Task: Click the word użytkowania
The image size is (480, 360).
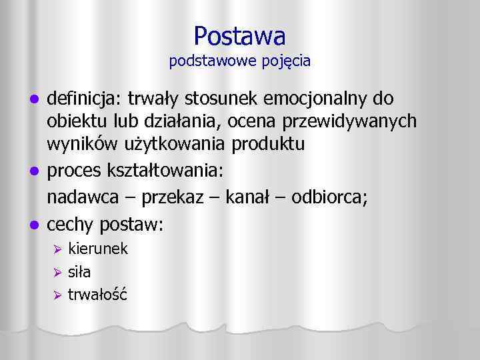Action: coord(215,143)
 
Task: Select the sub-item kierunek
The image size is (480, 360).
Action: coord(98,249)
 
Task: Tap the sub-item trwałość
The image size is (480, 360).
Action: coord(97,293)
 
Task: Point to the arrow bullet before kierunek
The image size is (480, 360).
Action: coord(58,250)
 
